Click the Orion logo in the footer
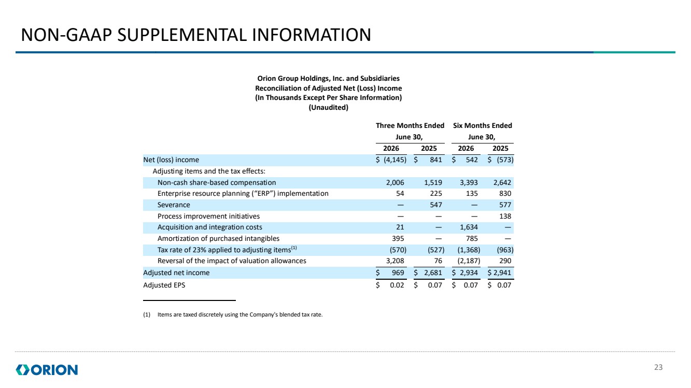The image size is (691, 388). click(x=47, y=370)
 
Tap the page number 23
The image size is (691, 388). click(x=658, y=367)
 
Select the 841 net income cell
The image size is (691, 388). click(x=436, y=160)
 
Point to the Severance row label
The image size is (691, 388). click(x=174, y=205)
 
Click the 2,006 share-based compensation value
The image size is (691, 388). click(x=395, y=182)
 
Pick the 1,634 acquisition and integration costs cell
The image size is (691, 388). click(x=469, y=227)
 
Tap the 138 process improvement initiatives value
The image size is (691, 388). click(x=505, y=216)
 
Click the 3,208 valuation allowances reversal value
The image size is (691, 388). click(x=395, y=261)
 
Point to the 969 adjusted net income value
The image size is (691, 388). click(x=398, y=273)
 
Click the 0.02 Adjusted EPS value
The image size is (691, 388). click(x=397, y=285)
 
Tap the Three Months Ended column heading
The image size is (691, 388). click(x=410, y=125)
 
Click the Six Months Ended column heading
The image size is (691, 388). click(x=483, y=125)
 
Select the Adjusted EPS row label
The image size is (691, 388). click(x=164, y=285)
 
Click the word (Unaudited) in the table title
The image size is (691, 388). click(x=329, y=108)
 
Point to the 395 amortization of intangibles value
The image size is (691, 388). click(x=398, y=238)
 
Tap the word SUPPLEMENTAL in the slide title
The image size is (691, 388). click(x=182, y=35)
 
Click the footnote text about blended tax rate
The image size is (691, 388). click(x=240, y=314)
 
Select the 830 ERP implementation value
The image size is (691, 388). click(x=505, y=194)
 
